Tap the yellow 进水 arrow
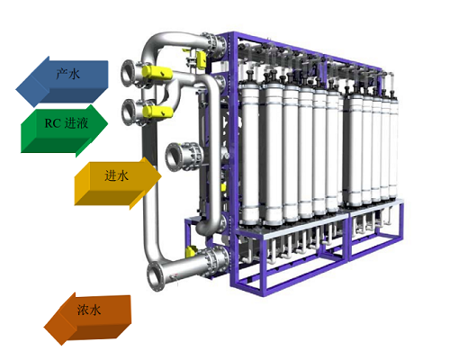coord(117,182)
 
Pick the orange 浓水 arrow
coord(88,318)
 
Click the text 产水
coord(68,74)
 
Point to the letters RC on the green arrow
coord(52,123)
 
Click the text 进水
coord(116,175)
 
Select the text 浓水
coord(89,310)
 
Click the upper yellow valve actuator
coord(157,73)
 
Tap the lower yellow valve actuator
coord(157,112)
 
